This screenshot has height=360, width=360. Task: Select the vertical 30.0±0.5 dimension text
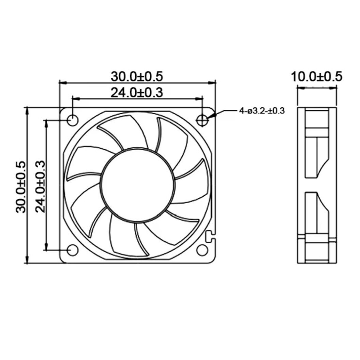21,187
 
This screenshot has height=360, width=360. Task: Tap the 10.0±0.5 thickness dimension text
316,76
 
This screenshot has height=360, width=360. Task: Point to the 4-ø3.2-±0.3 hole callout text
262,111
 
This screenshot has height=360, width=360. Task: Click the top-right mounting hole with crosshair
202,119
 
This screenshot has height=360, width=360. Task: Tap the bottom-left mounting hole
73,250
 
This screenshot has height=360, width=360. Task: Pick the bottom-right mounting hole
202,250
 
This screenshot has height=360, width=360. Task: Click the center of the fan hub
138,184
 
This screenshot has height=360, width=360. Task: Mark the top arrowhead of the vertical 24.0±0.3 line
46,123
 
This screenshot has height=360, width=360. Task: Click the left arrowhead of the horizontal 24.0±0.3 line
76,99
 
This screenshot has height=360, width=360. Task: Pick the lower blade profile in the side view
317,213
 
